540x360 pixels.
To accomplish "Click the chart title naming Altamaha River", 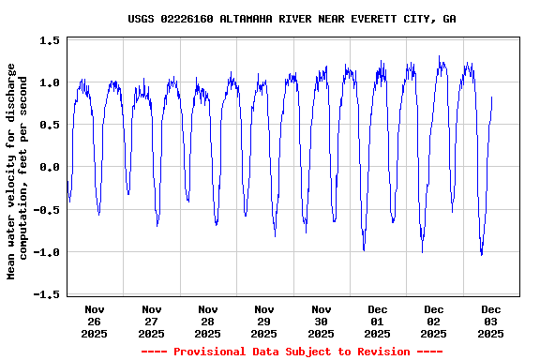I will point(292,19).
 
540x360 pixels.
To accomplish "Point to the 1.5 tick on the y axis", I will point(51,40).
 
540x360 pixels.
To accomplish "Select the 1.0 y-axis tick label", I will point(51,82).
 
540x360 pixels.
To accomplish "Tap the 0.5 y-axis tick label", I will point(51,125).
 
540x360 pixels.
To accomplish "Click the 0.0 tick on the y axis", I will point(51,167).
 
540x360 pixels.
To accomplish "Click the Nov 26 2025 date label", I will point(95,321).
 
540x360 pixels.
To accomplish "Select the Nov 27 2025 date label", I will point(151,321).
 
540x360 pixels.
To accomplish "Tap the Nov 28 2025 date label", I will point(207,321).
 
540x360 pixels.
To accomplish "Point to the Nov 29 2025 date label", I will point(264,321).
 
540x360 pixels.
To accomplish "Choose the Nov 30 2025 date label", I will point(321,321).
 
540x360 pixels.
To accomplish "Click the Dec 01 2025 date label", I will point(377,321).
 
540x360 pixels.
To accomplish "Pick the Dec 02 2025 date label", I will point(433,321).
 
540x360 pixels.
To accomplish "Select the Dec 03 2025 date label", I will point(490,321).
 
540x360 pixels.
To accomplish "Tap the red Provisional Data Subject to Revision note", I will point(292,352).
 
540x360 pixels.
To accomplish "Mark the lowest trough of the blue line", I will point(481,254).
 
